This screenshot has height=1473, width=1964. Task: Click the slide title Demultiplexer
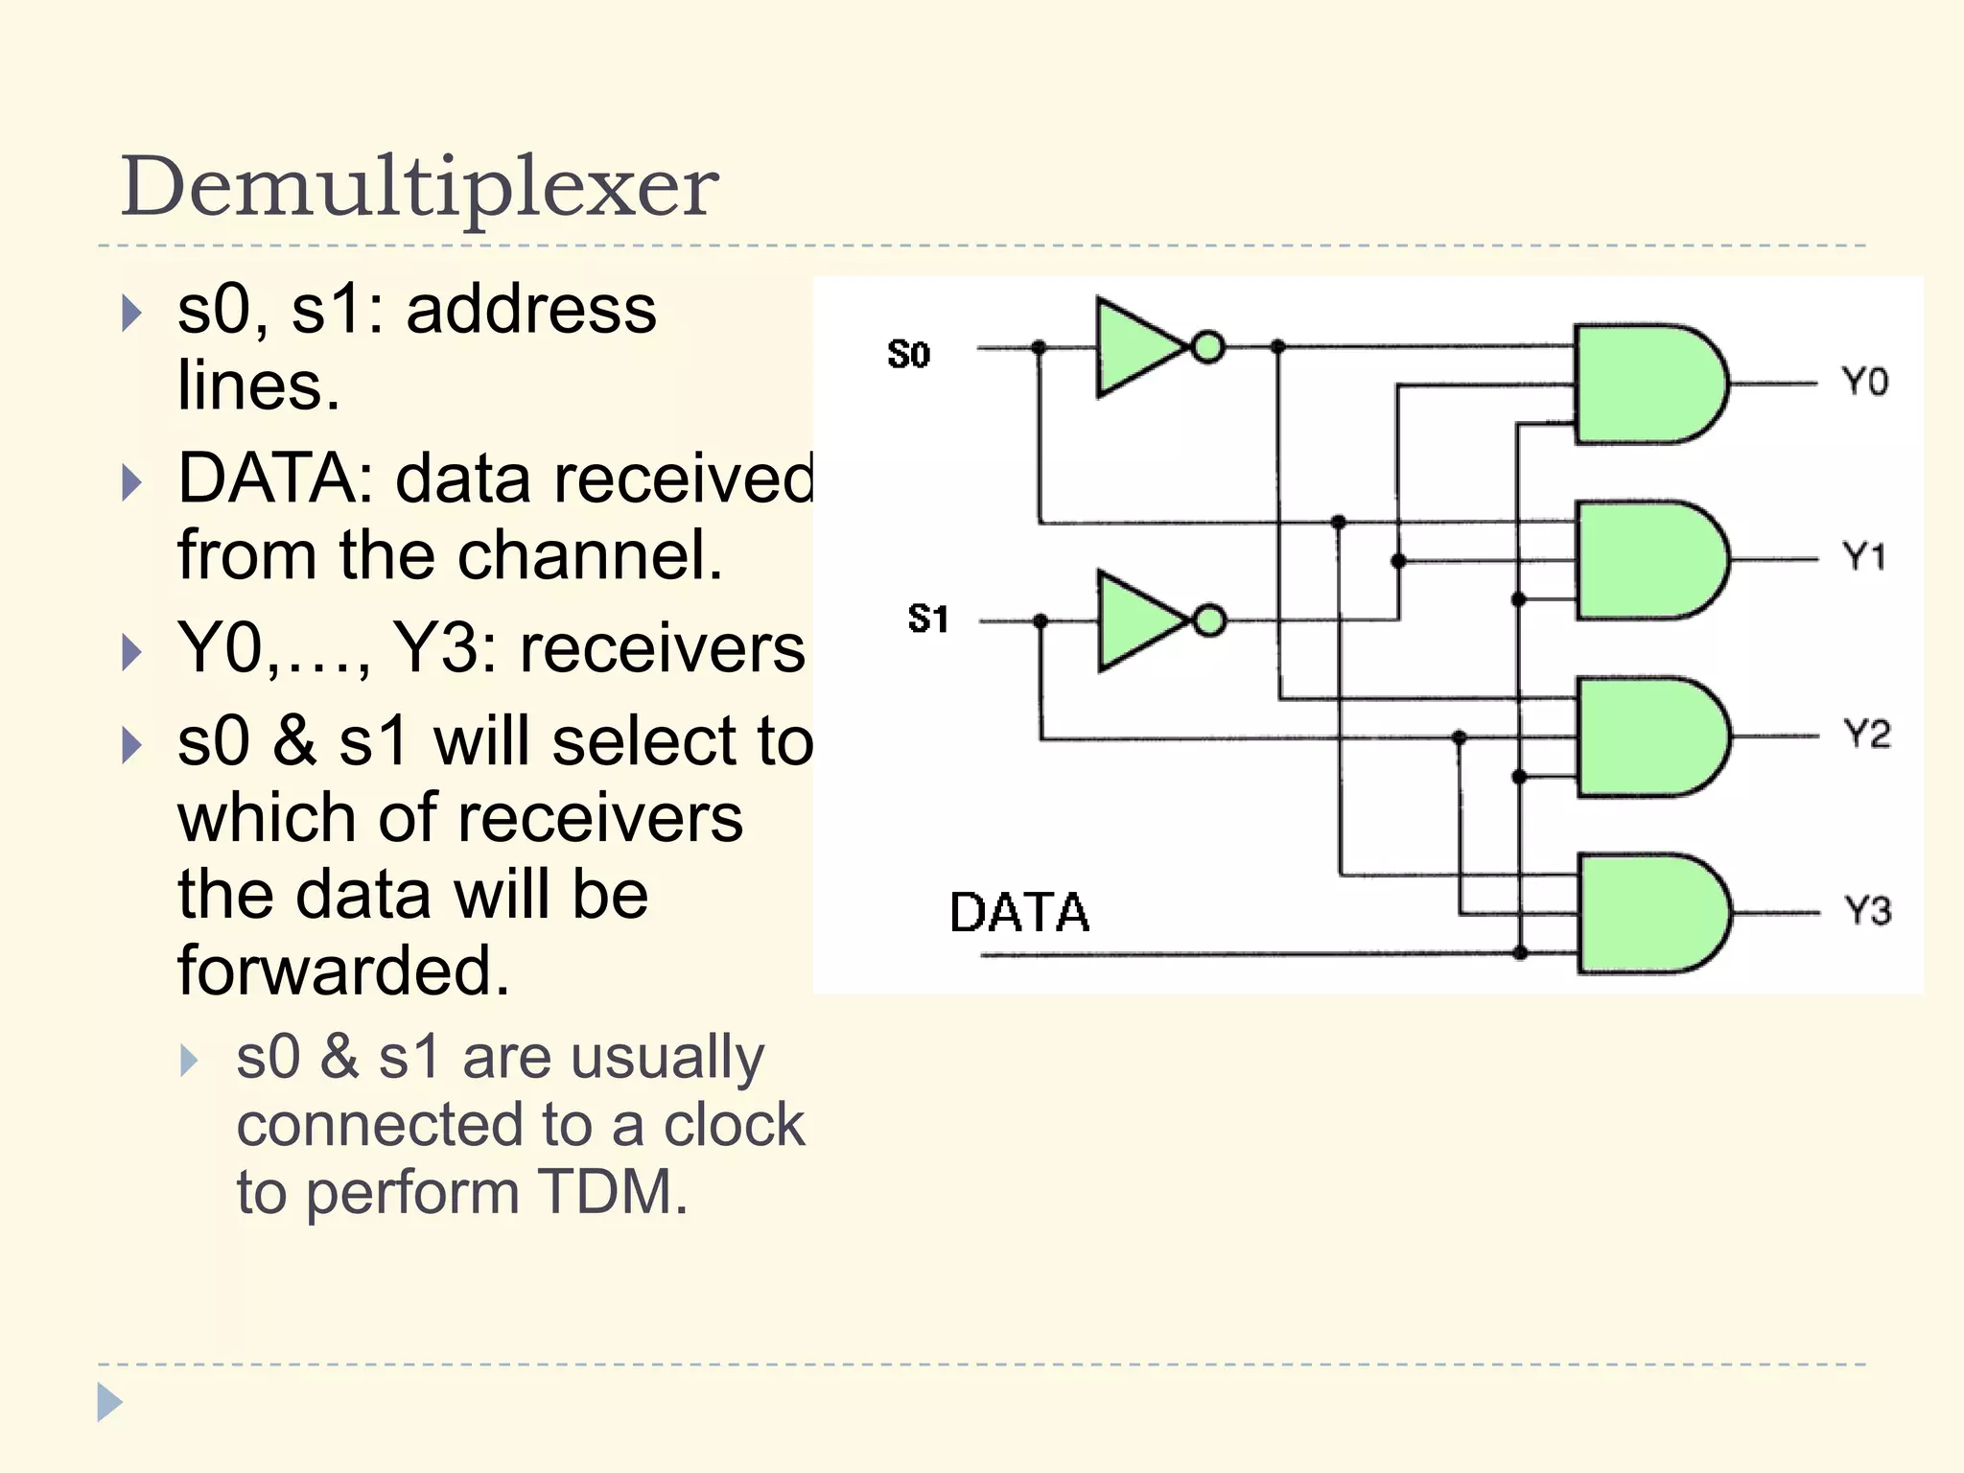click(x=419, y=186)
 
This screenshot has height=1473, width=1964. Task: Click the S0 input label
click(x=908, y=355)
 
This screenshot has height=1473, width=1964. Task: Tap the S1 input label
click(x=927, y=619)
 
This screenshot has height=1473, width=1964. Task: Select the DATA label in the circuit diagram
click(x=1018, y=912)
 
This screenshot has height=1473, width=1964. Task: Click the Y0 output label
click(x=1864, y=382)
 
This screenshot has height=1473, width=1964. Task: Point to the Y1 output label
click(x=1864, y=556)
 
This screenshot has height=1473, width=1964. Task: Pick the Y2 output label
click(x=1866, y=735)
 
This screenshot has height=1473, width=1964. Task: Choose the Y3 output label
click(x=1867, y=910)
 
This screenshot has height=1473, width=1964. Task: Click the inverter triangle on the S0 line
click(x=1135, y=347)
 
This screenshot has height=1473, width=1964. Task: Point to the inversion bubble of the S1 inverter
click(x=1210, y=620)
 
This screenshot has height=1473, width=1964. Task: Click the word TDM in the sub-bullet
click(x=612, y=1192)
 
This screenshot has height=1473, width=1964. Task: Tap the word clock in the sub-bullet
click(x=734, y=1124)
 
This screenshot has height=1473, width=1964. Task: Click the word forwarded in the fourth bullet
click(x=342, y=970)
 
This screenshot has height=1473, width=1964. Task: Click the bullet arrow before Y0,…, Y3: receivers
click(x=132, y=652)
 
